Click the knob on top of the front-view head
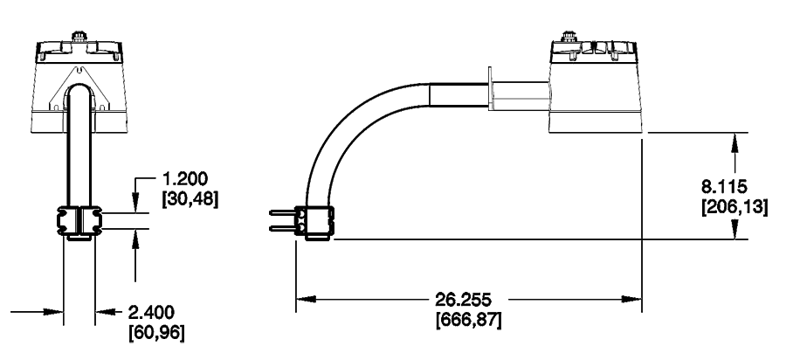pyautogui.click(x=79, y=38)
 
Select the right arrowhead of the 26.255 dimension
pyautogui.click(x=637, y=300)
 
